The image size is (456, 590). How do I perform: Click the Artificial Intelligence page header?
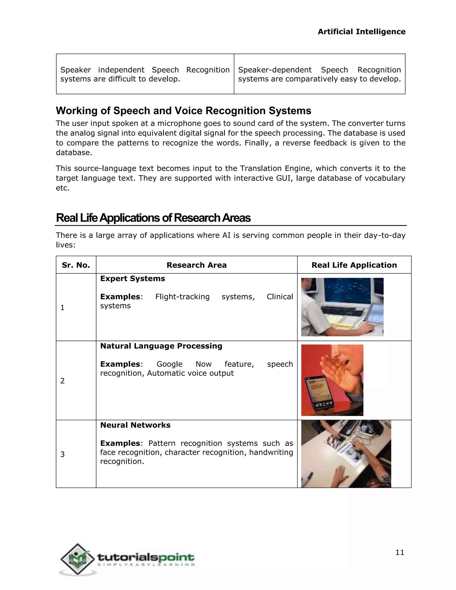[361, 32]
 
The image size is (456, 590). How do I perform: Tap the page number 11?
[399, 552]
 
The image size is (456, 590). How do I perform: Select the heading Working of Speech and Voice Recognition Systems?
[183, 111]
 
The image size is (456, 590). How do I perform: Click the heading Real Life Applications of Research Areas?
[153, 218]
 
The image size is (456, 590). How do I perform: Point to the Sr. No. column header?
[76, 265]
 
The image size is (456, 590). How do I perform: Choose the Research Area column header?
[196, 265]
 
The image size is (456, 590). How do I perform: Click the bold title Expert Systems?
[132, 279]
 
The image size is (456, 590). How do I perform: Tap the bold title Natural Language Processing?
[161, 346]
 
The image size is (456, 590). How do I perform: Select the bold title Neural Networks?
[135, 425]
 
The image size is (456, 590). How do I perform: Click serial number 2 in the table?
[62, 381]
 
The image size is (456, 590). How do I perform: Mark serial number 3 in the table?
[62, 454]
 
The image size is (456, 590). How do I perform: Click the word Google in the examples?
[169, 364]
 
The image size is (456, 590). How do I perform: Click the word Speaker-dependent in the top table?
[275, 70]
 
